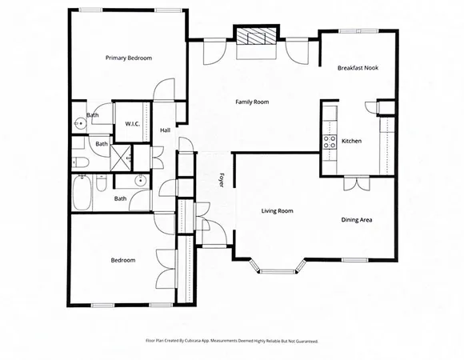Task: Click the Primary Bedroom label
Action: coord(129,58)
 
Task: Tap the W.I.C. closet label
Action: coord(133,124)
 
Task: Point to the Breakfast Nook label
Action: coord(357,68)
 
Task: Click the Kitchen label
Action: coord(352,141)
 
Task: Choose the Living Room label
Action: coord(278,211)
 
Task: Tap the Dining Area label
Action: coord(357,220)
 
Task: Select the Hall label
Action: coord(166,130)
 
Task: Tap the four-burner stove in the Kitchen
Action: coord(329,142)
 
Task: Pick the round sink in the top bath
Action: coord(81,124)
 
